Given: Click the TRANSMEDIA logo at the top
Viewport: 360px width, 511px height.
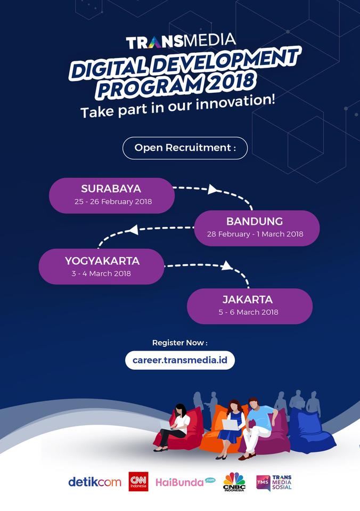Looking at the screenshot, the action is (x=181, y=40).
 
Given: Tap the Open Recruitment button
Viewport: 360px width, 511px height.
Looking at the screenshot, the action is (x=185, y=148).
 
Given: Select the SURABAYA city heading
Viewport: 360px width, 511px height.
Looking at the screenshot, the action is (x=111, y=189).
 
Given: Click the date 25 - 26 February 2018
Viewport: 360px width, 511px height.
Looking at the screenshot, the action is (x=113, y=202).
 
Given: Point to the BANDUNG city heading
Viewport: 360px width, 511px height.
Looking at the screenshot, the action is (x=255, y=221).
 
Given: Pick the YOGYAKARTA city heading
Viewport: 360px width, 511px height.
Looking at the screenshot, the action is (x=102, y=261).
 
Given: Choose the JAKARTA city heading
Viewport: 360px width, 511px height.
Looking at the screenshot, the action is (x=248, y=299).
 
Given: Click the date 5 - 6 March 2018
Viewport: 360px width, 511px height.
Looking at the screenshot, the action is (x=248, y=312).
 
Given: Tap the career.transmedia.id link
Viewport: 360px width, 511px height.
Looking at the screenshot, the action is (x=180, y=360).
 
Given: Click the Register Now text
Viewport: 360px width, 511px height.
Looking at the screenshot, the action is (x=179, y=343).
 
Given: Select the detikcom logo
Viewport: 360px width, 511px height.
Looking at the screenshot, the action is (x=94, y=482).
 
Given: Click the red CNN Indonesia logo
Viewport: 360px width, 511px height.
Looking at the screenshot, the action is (x=138, y=481).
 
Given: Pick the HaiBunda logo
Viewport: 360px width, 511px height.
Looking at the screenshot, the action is (x=185, y=482).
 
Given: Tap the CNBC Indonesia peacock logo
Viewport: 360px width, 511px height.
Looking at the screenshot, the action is (x=234, y=482).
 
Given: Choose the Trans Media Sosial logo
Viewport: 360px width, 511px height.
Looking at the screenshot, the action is (x=274, y=482).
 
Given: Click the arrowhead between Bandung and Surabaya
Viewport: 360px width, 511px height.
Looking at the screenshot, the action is (x=212, y=189).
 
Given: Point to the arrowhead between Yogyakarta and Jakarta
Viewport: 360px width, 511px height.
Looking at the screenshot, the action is (x=226, y=265).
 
